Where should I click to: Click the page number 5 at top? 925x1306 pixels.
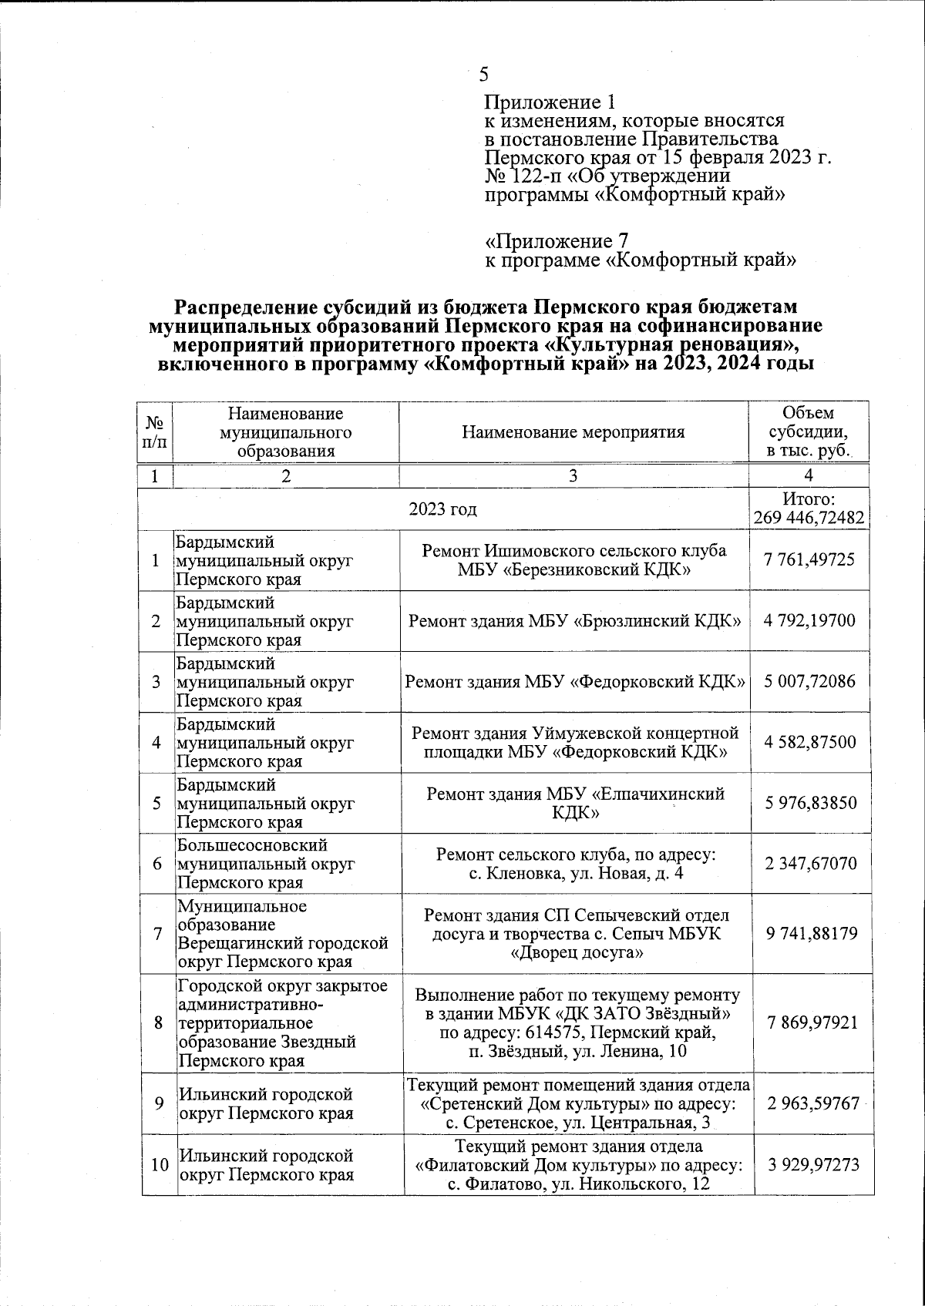click(484, 74)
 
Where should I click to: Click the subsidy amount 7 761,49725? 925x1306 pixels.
click(809, 560)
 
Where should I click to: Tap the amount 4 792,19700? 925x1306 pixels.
click(809, 621)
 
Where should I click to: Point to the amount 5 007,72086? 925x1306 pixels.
click(809, 681)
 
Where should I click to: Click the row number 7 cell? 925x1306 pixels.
click(157, 934)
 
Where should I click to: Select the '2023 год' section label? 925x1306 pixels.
click(442, 509)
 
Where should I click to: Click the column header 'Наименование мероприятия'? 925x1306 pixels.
click(573, 432)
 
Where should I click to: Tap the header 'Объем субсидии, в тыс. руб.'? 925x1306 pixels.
click(809, 432)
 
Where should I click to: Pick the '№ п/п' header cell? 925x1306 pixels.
click(155, 432)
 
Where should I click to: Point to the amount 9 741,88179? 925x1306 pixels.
click(809, 934)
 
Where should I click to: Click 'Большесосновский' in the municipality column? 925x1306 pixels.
click(253, 846)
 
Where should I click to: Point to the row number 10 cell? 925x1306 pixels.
click(159, 1164)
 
